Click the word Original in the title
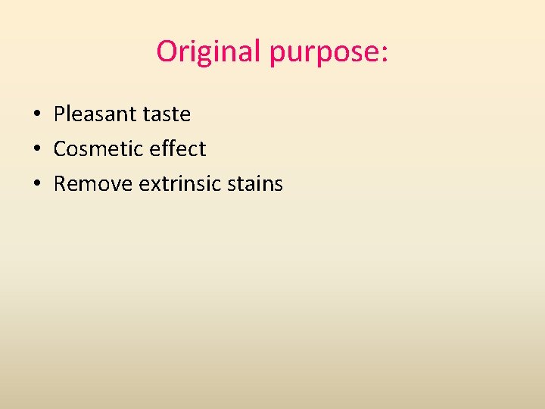(209, 52)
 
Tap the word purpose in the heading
(325, 53)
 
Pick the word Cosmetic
(98, 149)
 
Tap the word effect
(178, 149)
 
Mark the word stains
(257, 184)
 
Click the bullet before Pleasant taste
(36, 115)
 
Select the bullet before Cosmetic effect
(36, 150)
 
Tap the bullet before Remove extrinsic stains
(36, 185)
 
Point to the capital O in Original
(167, 52)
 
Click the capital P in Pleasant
(59, 114)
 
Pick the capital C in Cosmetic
(60, 149)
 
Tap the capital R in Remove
(60, 184)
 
